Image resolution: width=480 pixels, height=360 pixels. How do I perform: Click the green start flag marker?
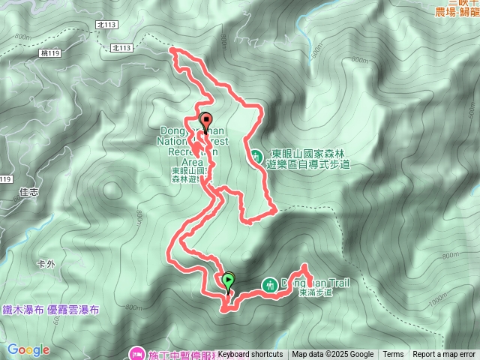click(228, 280)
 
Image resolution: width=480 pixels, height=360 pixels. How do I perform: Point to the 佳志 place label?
click(29, 191)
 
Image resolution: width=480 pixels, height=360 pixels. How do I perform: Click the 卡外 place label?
click(46, 264)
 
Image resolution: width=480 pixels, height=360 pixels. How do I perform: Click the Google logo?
click(28, 349)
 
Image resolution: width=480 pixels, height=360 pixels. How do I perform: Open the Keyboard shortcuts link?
click(250, 355)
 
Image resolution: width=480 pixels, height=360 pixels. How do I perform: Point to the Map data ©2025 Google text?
click(332, 355)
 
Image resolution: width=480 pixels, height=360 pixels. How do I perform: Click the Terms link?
click(393, 355)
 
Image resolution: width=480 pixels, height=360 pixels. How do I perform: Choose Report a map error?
click(444, 355)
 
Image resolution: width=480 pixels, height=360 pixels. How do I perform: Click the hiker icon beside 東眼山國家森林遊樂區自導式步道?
click(256, 157)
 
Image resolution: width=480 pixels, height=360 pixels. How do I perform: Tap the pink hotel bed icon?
click(137, 352)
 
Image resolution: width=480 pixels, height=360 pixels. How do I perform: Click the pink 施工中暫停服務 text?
click(183, 352)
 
